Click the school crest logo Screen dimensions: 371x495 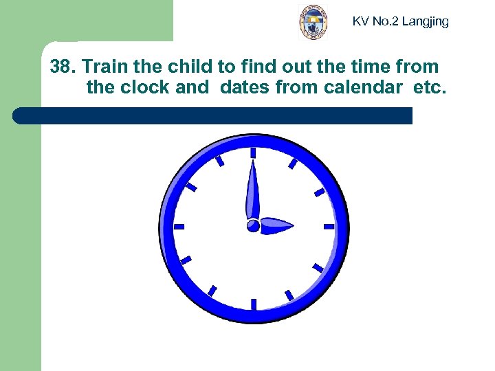click(313, 22)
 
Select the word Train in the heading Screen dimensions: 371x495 click(107, 67)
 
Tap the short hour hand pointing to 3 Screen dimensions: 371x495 click(276, 225)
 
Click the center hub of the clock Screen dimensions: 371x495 click(253, 225)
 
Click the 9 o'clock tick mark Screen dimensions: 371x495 click(179, 226)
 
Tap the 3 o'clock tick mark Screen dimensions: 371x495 click(329, 226)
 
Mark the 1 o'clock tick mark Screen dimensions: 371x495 click(292, 164)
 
